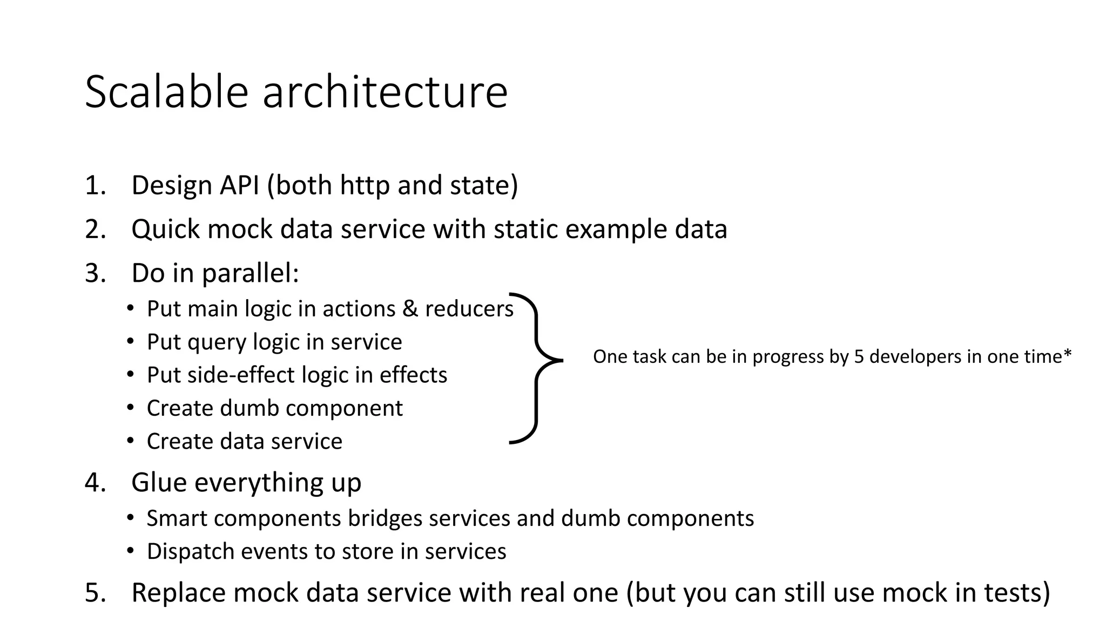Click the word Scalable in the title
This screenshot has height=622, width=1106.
pyautogui.click(x=166, y=92)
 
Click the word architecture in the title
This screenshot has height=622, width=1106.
pyautogui.click(x=385, y=92)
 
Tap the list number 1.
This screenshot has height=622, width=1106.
pyautogui.click(x=93, y=185)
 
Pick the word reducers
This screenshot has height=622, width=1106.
pyautogui.click(x=469, y=309)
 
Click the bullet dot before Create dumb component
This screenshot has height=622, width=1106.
pyautogui.click(x=130, y=408)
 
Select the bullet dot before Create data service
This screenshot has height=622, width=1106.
pyautogui.click(x=130, y=441)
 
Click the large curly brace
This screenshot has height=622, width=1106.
pyautogui.click(x=536, y=367)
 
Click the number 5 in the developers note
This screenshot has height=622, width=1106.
pyautogui.click(x=859, y=357)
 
